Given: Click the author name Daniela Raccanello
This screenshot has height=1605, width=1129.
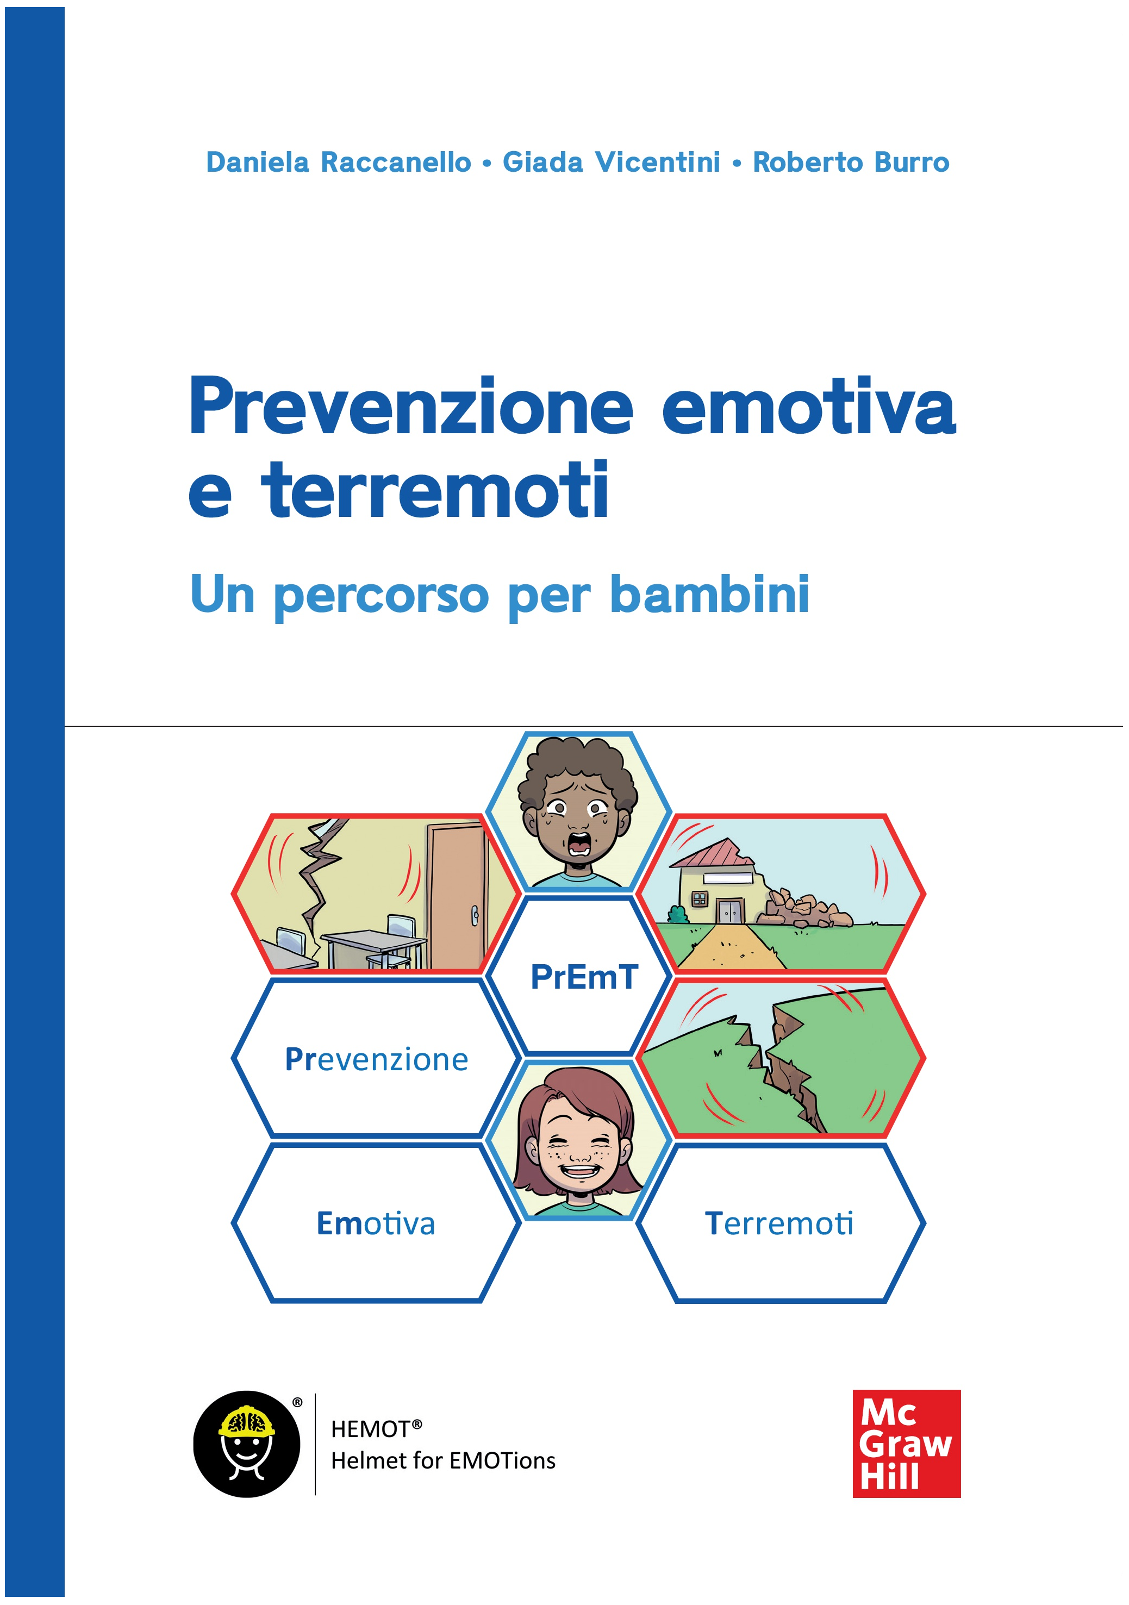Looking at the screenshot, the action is click(338, 162).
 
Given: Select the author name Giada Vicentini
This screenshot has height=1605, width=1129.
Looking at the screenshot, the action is click(611, 162).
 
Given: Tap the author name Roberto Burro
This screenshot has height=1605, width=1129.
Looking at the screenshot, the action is click(851, 162).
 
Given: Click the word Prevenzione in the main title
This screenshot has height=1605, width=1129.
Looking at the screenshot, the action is click(411, 406).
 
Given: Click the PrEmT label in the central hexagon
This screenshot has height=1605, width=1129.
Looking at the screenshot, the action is click(584, 977).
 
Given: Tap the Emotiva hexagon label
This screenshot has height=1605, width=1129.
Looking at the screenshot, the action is click(376, 1223).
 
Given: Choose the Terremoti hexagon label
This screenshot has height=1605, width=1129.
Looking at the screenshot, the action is click(779, 1223).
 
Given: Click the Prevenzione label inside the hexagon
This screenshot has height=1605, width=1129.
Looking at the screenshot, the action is click(376, 1060).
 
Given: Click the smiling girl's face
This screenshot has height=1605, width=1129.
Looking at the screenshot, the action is click(579, 1146).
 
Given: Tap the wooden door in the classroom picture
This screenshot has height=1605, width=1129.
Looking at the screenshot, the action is click(456, 895).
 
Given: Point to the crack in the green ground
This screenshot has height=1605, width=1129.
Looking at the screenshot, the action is click(783, 1066).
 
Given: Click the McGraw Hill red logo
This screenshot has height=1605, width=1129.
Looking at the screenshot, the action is click(906, 1444).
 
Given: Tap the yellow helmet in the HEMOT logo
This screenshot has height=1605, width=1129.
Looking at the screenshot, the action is click(246, 1422).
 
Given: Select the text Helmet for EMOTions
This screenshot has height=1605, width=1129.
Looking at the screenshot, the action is click(443, 1460).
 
